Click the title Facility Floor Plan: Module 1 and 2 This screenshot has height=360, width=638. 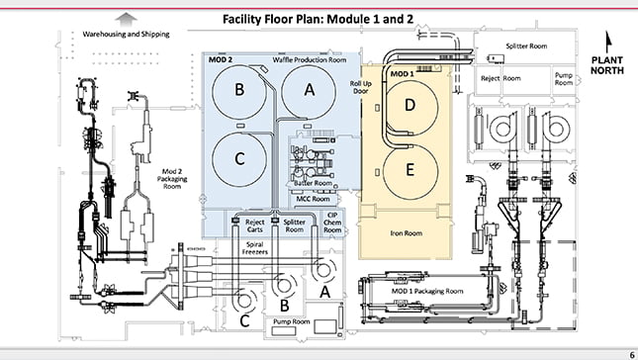(x=318, y=19)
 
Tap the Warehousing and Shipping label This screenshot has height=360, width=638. (x=127, y=35)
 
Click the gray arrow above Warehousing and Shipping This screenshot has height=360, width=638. (x=127, y=20)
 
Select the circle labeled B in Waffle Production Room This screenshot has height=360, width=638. (x=239, y=92)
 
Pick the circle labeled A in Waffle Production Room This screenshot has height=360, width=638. (x=309, y=92)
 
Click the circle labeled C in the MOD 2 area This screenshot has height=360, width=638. (x=239, y=159)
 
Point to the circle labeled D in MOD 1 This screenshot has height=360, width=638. (x=410, y=108)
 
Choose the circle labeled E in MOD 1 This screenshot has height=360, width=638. (x=410, y=172)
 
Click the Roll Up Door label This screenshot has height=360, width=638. (x=360, y=87)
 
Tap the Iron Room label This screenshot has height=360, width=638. (x=407, y=233)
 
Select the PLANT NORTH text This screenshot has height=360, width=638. (x=607, y=65)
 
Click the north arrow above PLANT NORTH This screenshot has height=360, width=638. (x=608, y=42)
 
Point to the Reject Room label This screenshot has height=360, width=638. (x=501, y=78)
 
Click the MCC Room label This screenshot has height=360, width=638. (x=313, y=199)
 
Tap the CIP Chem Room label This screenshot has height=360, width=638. (x=332, y=223)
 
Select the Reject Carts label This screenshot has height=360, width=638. (x=255, y=225)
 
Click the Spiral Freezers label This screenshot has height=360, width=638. (x=255, y=248)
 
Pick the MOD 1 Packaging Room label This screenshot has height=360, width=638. (x=427, y=291)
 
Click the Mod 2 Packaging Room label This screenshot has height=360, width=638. (x=172, y=179)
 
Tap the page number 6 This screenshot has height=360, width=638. (x=632, y=355)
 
